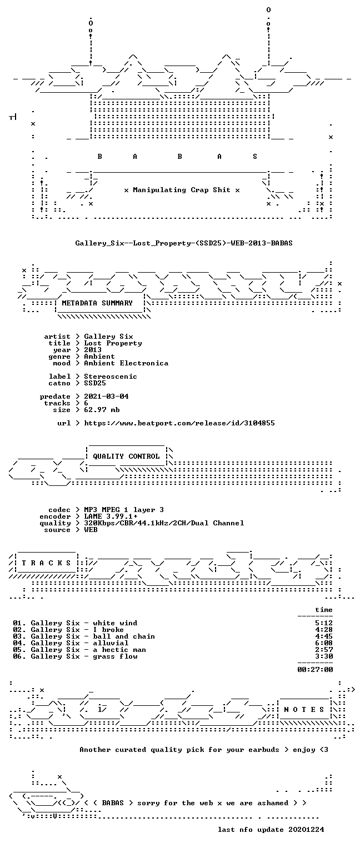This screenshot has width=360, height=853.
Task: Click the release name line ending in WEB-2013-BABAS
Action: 184,243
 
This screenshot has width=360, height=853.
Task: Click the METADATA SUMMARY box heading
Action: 97,303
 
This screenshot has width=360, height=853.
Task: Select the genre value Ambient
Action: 99,357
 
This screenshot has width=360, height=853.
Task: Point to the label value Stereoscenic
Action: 110,376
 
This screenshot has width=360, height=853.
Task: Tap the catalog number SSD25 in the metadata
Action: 95,383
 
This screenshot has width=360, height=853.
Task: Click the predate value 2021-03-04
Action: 106,397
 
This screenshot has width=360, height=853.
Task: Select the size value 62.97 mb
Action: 102,410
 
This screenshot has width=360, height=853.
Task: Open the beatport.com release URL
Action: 179,423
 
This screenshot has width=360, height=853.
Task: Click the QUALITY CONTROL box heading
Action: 126,456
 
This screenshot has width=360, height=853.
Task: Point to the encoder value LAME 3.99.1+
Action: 111,516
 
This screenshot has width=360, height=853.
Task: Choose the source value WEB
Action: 91,530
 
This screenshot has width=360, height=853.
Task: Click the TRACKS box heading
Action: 46,563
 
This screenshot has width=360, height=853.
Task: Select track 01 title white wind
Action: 115,623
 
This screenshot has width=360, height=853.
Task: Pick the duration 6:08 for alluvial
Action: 324,643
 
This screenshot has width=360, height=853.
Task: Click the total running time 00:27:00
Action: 315,669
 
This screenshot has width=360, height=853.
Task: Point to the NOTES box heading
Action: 304,709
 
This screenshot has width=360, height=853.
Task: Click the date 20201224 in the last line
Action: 306,829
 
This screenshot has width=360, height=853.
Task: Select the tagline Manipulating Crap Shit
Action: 181,190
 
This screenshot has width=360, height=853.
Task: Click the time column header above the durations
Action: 324,610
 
